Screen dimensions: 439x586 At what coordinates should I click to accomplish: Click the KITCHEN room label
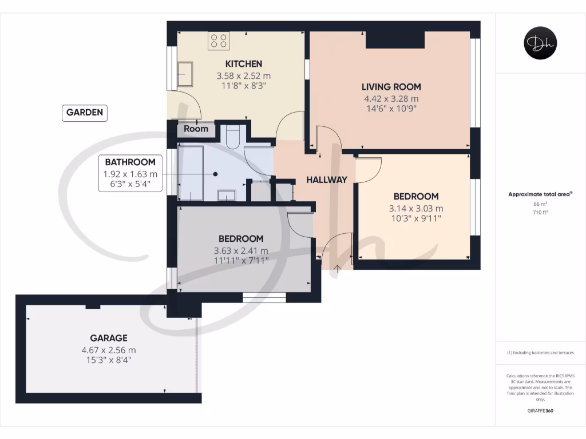click(x=243, y=63)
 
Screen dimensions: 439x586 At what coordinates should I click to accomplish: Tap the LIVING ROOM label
click(x=391, y=87)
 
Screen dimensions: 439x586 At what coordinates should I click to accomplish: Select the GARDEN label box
click(x=85, y=113)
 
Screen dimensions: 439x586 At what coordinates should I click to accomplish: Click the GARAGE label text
click(x=108, y=338)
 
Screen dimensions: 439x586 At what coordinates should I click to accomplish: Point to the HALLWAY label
click(x=326, y=179)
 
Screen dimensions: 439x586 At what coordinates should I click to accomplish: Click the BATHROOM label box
click(x=129, y=162)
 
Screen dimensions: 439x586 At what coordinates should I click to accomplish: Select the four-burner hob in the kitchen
click(x=219, y=41)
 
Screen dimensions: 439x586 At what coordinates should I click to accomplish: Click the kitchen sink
click(x=185, y=73)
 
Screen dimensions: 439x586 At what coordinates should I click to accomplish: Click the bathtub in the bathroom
click(x=190, y=173)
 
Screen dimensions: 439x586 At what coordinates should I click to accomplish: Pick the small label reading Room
click(x=196, y=129)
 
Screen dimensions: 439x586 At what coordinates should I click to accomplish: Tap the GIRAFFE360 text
click(x=540, y=410)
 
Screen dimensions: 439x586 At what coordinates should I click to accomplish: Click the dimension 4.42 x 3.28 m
click(x=391, y=98)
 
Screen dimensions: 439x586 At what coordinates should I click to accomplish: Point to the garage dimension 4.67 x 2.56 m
click(x=108, y=350)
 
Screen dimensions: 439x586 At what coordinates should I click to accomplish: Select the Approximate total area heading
click(x=540, y=194)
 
